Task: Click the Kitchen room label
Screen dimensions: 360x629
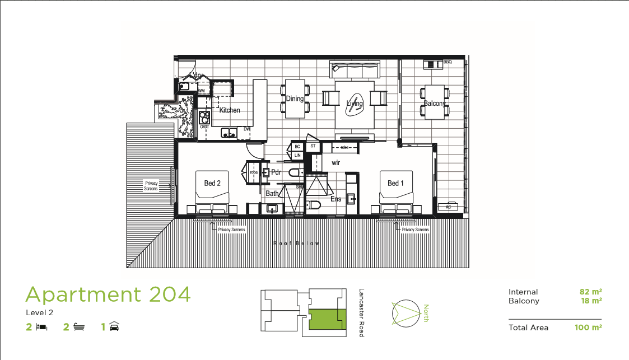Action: (230, 110)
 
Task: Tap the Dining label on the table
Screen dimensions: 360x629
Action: (295, 99)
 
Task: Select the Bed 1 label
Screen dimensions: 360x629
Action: (393, 183)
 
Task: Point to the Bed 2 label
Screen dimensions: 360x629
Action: (212, 183)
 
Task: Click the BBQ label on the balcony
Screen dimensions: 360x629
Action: (447, 62)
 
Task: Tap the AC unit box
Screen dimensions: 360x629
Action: (448, 207)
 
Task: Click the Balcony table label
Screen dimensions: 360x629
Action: (435, 104)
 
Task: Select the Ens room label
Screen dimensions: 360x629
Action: (336, 199)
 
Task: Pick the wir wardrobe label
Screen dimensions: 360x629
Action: (336, 163)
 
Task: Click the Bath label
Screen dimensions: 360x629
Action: (272, 194)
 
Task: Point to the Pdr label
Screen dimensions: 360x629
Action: (276, 172)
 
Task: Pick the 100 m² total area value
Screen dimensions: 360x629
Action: (588, 328)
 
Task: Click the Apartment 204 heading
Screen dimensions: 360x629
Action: (108, 294)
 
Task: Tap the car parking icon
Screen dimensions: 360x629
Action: (114, 326)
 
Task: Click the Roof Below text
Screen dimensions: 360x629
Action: (297, 244)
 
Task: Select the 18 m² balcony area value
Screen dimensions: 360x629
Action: (591, 301)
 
